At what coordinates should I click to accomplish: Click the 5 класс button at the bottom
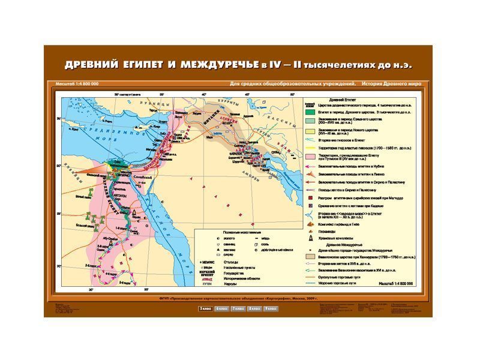(206, 308)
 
